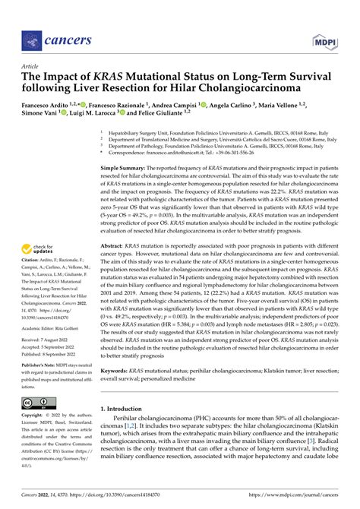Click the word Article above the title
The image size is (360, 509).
pos(33,67)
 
